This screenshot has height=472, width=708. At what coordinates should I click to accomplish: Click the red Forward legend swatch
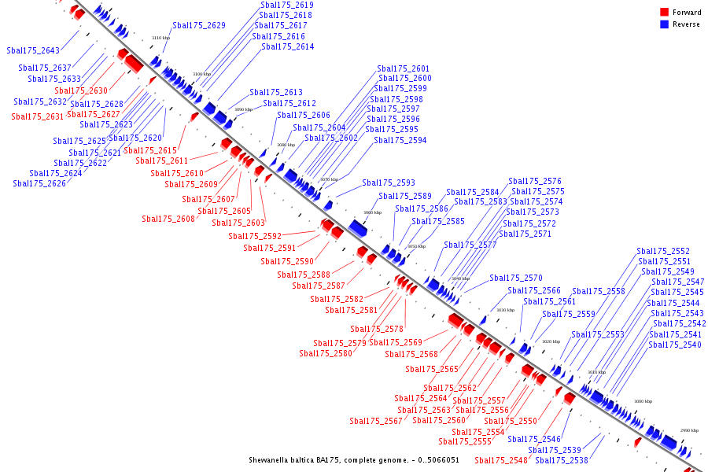click(x=665, y=13)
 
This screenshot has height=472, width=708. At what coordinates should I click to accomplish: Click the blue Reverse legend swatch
click(x=665, y=24)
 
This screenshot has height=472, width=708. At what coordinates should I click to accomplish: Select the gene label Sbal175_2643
click(x=33, y=50)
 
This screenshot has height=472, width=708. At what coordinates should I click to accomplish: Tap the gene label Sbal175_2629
click(x=199, y=25)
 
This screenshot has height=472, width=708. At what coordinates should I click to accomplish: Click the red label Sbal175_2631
click(x=37, y=116)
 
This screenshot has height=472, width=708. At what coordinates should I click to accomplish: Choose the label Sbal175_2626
click(x=39, y=183)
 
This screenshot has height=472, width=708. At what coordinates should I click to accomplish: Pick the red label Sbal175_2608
click(x=168, y=219)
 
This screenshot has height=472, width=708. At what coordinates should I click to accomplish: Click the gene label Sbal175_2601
click(x=404, y=68)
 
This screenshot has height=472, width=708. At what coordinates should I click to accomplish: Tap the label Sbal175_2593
click(x=389, y=183)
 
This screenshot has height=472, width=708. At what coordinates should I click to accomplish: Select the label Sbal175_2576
click(x=535, y=181)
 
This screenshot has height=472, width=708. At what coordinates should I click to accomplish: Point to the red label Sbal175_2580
click(x=326, y=353)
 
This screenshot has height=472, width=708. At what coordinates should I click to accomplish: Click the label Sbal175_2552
click(x=663, y=251)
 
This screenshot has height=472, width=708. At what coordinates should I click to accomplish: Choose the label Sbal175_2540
click(x=675, y=345)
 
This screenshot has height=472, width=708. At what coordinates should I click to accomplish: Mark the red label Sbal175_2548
click(x=501, y=460)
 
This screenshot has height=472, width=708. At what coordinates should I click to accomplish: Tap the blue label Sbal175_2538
click(x=562, y=460)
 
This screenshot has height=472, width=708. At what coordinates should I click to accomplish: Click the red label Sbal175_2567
click(x=376, y=421)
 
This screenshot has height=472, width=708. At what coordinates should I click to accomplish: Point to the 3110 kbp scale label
click(x=160, y=38)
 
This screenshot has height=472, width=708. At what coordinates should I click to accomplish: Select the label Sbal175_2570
click(x=516, y=278)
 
